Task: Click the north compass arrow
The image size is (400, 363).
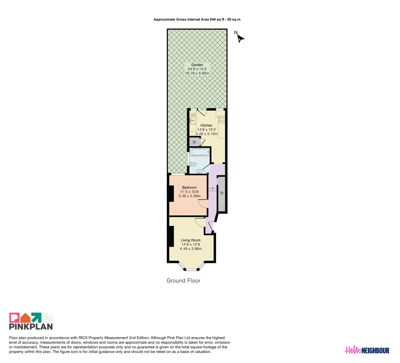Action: click(241, 39)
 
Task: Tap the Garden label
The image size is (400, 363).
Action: click(197, 65)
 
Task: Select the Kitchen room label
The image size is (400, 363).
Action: click(207, 125)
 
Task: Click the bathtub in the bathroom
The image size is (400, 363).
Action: click(200, 152)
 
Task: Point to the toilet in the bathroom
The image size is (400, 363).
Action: click(193, 164)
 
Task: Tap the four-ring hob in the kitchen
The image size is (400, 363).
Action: click(222, 120)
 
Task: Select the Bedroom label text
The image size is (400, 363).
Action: click(189, 187)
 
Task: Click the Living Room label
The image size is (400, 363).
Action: click(191, 240)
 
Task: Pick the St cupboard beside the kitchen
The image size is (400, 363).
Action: click(194, 142)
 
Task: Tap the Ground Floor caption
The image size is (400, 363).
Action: click(183, 281)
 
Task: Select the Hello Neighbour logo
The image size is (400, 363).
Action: click(367, 350)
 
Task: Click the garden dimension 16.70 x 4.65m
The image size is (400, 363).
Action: click(197, 73)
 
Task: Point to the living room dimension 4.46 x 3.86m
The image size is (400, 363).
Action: click(191, 249)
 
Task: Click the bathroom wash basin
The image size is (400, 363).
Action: click(199, 171)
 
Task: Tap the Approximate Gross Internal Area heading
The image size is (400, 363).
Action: click(197, 19)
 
